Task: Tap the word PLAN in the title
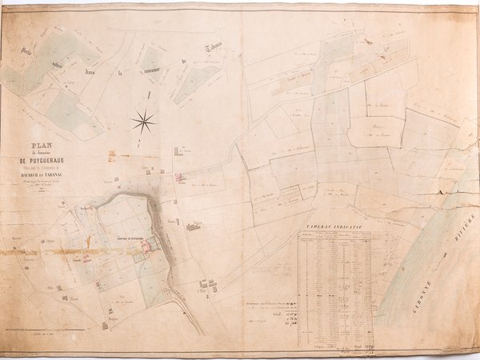point(42,146)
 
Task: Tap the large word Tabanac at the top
point(214,50)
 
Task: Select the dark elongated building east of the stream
point(194,227)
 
